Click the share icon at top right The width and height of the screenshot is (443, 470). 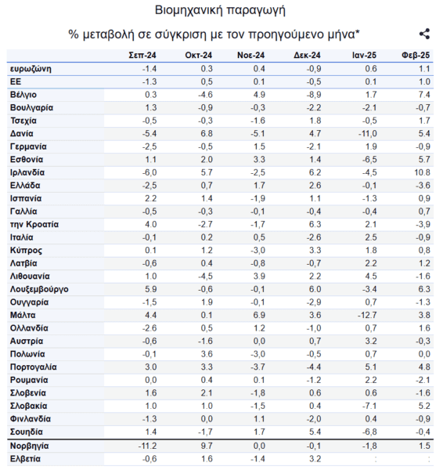(424, 34)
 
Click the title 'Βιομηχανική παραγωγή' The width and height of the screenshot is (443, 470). (220, 10)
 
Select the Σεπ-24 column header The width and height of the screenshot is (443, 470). (142, 55)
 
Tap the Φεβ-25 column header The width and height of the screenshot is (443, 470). (416, 55)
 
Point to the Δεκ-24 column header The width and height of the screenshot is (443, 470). (307, 55)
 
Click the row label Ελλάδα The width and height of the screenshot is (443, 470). (25, 186)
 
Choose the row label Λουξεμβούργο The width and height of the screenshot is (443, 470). (39, 290)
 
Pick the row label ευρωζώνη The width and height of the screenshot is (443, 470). (31, 69)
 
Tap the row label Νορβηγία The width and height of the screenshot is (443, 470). (30, 446)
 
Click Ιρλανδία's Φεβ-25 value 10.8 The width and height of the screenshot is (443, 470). (422, 172)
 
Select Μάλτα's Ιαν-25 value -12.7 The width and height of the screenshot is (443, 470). (367, 316)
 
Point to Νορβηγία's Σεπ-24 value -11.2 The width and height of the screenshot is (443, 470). (147, 446)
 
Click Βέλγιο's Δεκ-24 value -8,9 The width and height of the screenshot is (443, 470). (314, 95)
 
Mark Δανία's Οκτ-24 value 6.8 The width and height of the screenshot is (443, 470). (207, 134)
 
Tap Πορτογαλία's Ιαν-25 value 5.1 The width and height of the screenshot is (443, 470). (371, 367)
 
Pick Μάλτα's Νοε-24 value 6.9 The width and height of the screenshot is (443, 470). (259, 316)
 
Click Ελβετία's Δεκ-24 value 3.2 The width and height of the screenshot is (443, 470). (315, 459)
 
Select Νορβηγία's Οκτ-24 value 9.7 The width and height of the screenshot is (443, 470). (207, 446)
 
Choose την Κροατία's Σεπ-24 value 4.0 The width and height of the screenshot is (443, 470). (150, 225)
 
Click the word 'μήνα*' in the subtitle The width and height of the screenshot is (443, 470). (344, 34)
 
